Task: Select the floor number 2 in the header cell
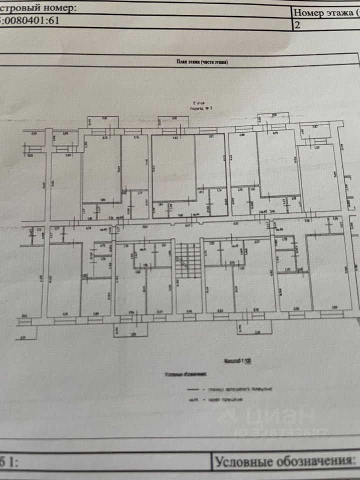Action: [x=298, y=25]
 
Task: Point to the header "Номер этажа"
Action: [x=325, y=13]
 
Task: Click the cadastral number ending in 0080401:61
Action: [x=30, y=21]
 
